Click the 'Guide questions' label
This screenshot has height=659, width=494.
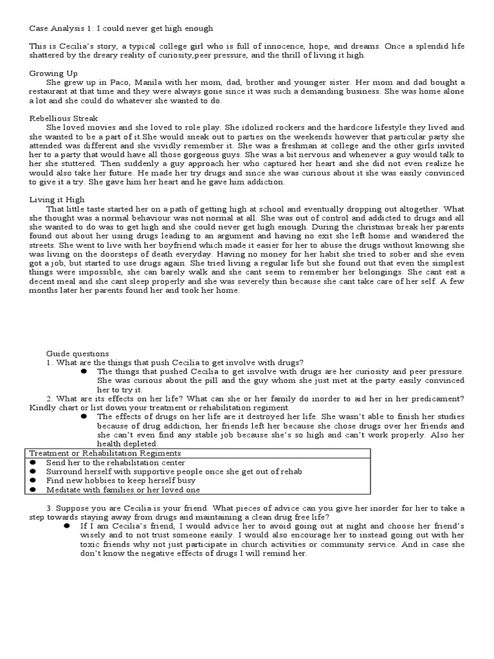(77, 353)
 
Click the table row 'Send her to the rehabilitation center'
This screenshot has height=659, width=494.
(116, 462)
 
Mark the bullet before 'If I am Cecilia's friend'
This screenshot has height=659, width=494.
(67, 526)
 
